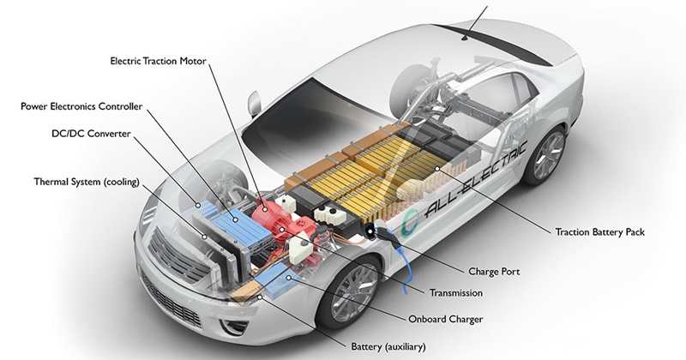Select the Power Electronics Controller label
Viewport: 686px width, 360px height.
(x=81, y=106)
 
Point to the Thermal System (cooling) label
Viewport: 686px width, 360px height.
(x=86, y=183)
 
